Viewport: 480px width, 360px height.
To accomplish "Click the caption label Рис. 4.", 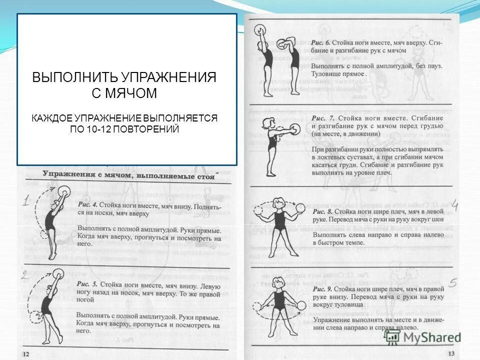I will [x=87, y=205].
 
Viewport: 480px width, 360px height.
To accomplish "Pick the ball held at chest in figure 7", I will [x=295, y=129].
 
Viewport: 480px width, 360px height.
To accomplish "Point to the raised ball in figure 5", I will [x=58, y=273].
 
